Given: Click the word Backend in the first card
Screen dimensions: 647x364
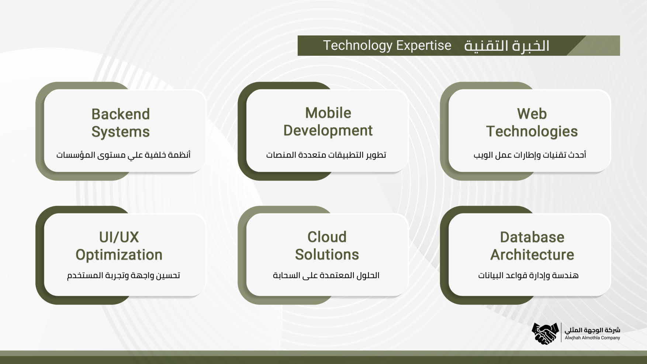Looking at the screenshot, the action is (x=121, y=114).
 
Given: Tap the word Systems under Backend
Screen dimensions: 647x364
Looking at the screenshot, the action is (x=121, y=132).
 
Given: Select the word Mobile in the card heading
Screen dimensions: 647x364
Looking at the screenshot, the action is (x=328, y=113).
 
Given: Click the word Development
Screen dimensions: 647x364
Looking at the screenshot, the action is (x=328, y=131).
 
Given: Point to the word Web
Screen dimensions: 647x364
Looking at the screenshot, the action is (x=532, y=114).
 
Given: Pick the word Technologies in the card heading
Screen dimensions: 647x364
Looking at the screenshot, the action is (x=532, y=132).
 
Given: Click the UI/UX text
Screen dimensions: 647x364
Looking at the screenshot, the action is (x=119, y=237).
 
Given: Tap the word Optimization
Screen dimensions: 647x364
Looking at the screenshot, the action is (x=119, y=255).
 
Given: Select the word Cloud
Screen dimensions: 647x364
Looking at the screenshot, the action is (x=327, y=237).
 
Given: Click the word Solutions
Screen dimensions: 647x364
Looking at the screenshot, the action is (x=327, y=255).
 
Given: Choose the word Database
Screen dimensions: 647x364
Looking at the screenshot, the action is (x=532, y=237).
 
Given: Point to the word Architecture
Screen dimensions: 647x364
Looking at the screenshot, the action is (x=532, y=255).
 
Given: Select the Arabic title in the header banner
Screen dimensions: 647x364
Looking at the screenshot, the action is (x=506, y=46).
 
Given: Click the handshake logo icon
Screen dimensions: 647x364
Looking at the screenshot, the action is (x=545, y=333).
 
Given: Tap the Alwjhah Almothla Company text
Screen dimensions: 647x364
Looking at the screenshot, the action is (x=592, y=338).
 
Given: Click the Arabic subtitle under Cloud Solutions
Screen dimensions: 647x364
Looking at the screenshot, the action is (x=326, y=275).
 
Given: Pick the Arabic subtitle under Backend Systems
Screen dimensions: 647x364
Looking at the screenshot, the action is (x=123, y=155).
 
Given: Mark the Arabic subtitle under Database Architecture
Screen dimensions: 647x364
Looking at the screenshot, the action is (x=528, y=275).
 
